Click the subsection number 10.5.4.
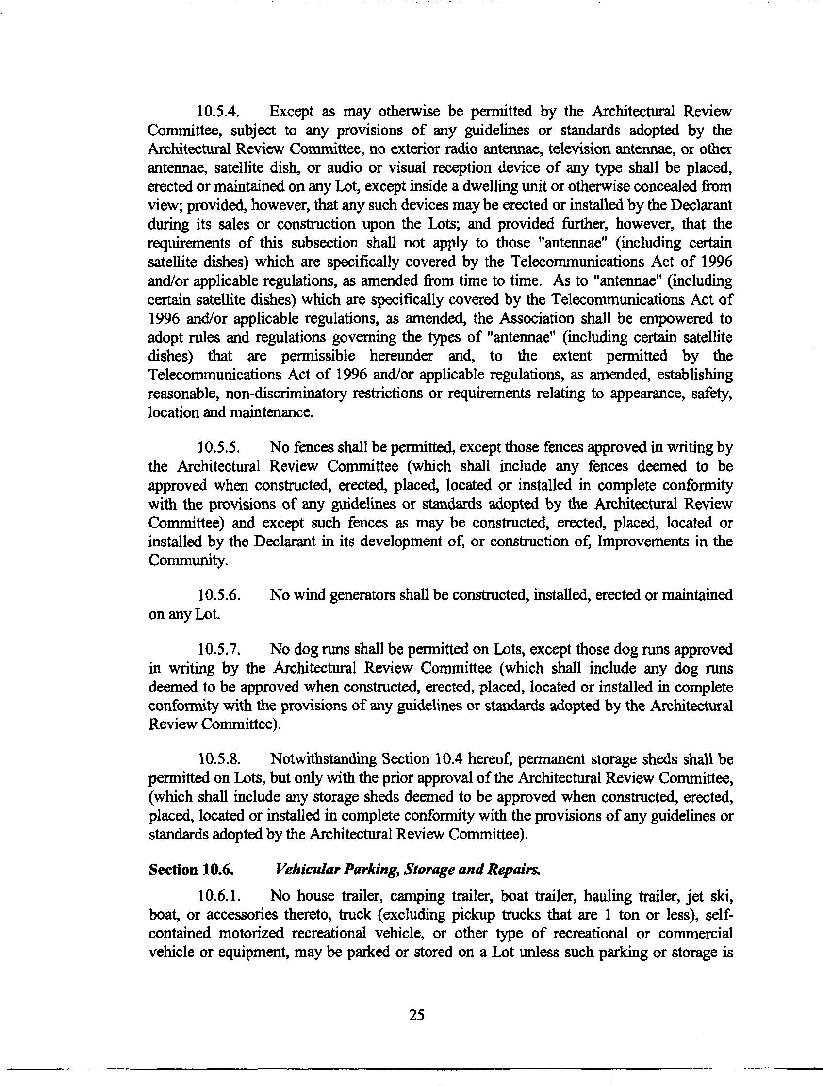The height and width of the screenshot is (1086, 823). [x=218, y=112]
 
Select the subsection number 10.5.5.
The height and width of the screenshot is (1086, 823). [x=218, y=448]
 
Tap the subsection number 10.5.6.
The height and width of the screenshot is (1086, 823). [x=218, y=595]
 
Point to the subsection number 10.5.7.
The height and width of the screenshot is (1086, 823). [x=218, y=650]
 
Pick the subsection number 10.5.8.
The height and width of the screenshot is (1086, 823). [x=218, y=760]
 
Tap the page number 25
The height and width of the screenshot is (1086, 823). [x=416, y=1015]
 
